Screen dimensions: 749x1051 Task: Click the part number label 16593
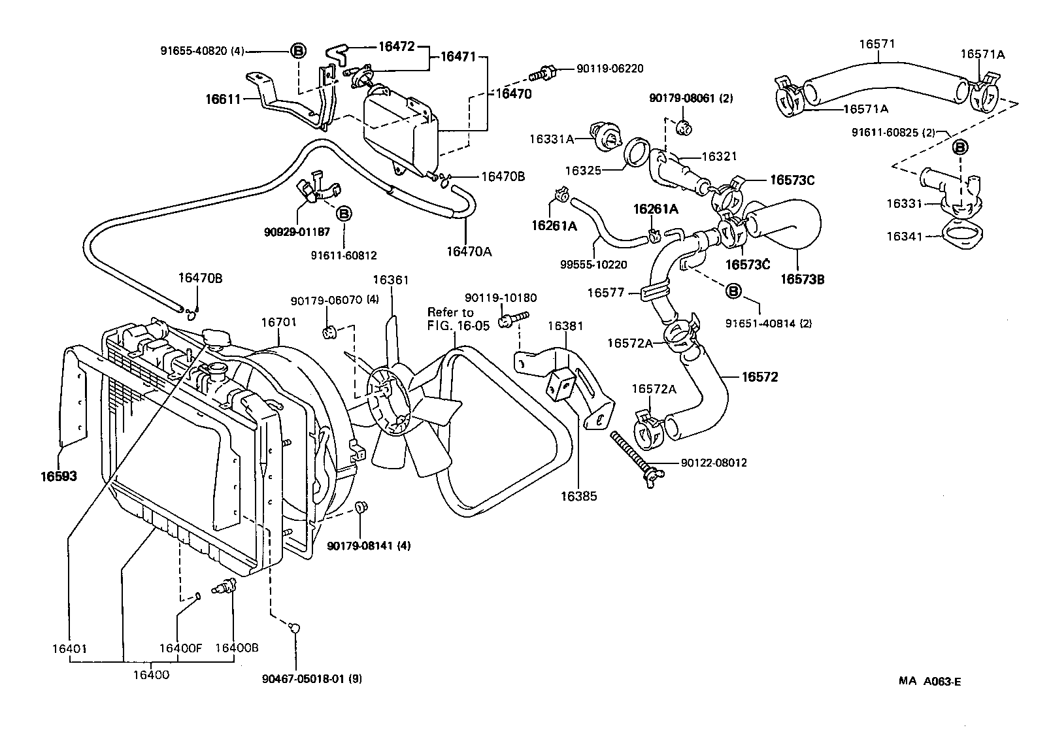[59, 476]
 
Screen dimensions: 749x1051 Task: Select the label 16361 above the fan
[390, 280]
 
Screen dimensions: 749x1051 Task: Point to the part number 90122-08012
[714, 463]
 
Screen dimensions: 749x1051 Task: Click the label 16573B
[803, 280]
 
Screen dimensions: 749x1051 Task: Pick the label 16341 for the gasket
[904, 236]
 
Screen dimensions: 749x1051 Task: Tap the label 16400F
[181, 648]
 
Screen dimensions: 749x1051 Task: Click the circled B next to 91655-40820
[297, 51]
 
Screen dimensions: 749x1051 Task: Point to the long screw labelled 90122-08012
[631, 451]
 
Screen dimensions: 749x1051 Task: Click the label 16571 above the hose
[876, 44]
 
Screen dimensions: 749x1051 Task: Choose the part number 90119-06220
[610, 68]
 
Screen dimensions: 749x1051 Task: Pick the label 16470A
[469, 251]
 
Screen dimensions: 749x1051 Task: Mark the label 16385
[578, 496]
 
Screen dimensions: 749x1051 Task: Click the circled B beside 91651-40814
[733, 290]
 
